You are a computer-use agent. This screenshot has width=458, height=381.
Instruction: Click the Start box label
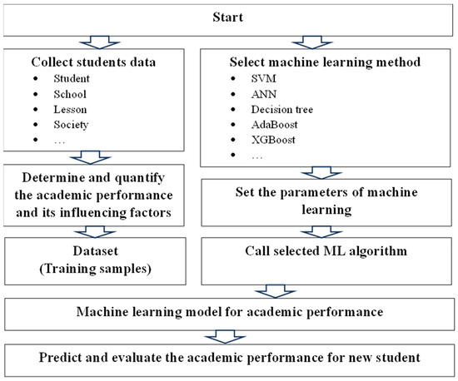[228, 17]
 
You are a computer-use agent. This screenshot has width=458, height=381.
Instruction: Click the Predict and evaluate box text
[228, 359]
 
